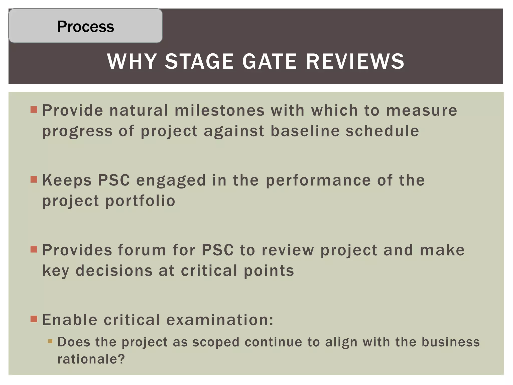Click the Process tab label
tap(85, 26)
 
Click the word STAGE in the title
tap(199, 61)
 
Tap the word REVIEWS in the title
tap(355, 61)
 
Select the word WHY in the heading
tap(132, 61)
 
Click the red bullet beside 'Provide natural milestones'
tap(34, 110)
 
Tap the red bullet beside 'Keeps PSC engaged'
tap(34, 179)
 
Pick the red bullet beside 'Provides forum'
tap(34, 249)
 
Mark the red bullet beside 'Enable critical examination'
tap(34, 319)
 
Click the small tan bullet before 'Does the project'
tap(50, 341)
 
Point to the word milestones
tap(219, 110)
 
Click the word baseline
tap(305, 131)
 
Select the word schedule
tap(382, 131)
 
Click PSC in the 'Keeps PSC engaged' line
tap(114, 180)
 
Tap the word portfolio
tap(140, 201)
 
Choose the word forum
tap(142, 250)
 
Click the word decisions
tap(114, 271)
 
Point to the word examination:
tap(220, 320)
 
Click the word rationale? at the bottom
tap(91, 359)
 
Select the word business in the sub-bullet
tap(451, 342)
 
